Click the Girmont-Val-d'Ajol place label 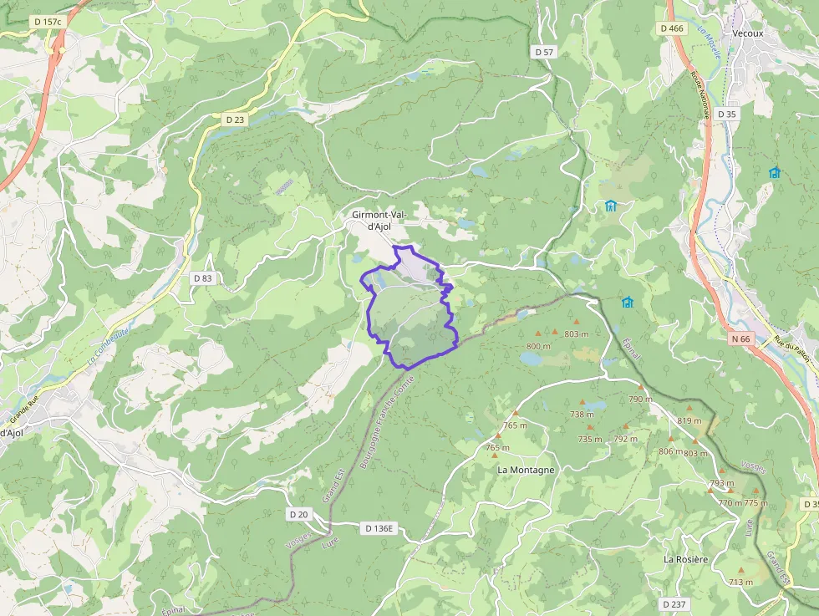[379, 221]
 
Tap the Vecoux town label [748, 33]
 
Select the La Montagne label [526, 470]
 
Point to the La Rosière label [686, 558]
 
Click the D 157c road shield [47, 20]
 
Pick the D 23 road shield [235, 120]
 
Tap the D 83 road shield [202, 277]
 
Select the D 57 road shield [543, 52]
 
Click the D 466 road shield [671, 28]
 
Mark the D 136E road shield [379, 528]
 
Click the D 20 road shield [298, 513]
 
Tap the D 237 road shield [674, 603]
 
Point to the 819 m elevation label [689, 420]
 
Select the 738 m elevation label [582, 415]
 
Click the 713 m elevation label [740, 582]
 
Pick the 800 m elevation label [538, 346]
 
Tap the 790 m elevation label [640, 400]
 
